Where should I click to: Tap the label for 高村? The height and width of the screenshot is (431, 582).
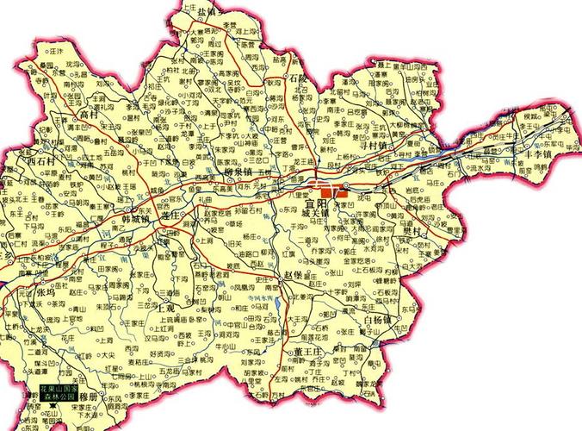90,114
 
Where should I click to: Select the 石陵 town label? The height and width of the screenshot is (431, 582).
298,78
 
